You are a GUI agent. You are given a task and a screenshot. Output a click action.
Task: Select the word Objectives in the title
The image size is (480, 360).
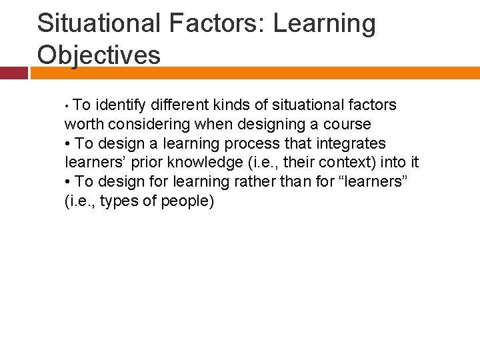pos(99,55)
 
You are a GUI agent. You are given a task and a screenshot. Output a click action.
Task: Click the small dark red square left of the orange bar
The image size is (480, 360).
pos(13,73)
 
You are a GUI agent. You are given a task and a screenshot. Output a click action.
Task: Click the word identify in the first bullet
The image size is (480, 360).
pos(122,105)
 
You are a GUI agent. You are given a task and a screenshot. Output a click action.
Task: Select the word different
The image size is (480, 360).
pos(179,105)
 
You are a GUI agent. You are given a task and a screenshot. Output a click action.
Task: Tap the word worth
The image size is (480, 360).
pos(83,125)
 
